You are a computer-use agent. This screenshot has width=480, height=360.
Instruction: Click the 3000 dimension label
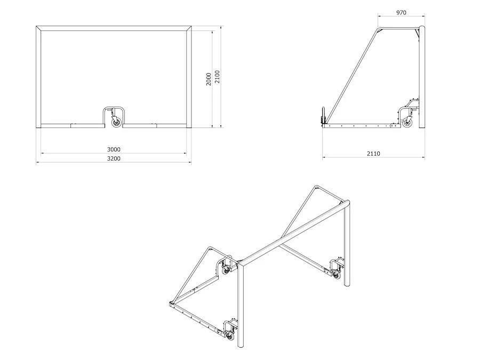point(114,149)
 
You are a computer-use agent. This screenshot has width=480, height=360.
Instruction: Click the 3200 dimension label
point(114,158)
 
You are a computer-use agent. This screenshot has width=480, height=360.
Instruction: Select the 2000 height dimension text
point(209,78)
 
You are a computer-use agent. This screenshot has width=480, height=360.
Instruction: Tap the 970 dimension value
point(402,12)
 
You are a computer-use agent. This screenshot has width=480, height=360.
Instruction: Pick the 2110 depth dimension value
point(373,154)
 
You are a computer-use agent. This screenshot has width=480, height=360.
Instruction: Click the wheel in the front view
point(116,123)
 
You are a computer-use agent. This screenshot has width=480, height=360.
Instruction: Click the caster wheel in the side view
point(408,123)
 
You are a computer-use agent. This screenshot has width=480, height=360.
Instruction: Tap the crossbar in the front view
point(114,28)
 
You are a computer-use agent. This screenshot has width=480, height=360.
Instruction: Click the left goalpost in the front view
point(39,80)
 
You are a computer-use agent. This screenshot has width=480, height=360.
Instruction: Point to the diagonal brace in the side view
point(352,75)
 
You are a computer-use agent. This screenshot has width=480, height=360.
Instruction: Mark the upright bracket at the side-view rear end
point(322,117)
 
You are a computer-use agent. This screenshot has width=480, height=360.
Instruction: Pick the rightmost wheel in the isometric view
point(337,274)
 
